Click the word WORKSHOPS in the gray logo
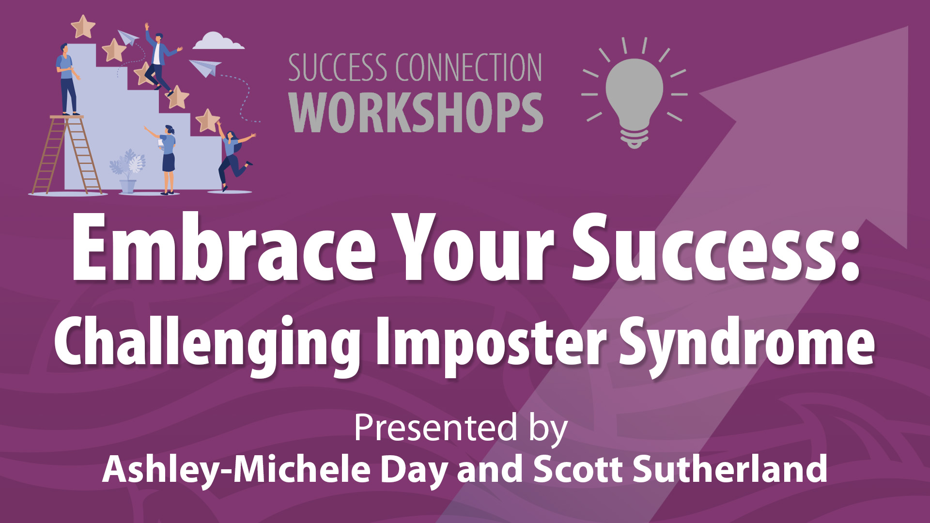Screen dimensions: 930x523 point(416,113)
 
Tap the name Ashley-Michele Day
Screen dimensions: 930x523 point(275,470)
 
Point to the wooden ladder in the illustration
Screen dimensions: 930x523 point(67,154)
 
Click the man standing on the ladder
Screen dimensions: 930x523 point(67,79)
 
